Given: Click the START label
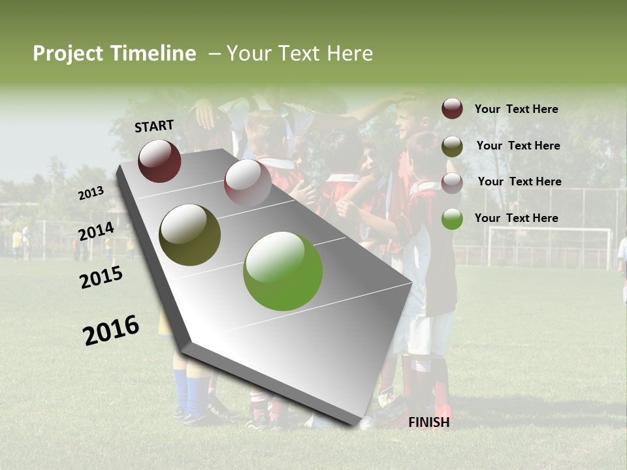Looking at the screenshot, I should [154, 126].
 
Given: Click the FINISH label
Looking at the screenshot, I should [428, 422].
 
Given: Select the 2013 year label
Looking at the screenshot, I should [91, 193].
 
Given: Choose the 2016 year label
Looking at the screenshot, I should [111, 330].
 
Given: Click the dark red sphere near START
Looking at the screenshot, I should [159, 161].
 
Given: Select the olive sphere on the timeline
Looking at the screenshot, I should [190, 235].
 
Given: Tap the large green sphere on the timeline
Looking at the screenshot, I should [283, 271].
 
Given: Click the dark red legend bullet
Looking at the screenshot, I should [452, 109].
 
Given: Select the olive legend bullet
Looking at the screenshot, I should [452, 146].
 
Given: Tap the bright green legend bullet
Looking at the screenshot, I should [452, 219].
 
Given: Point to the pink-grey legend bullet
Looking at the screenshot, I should [452, 182].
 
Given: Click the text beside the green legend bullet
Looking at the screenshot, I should [516, 218].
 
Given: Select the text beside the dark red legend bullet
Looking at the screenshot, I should [516, 109].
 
